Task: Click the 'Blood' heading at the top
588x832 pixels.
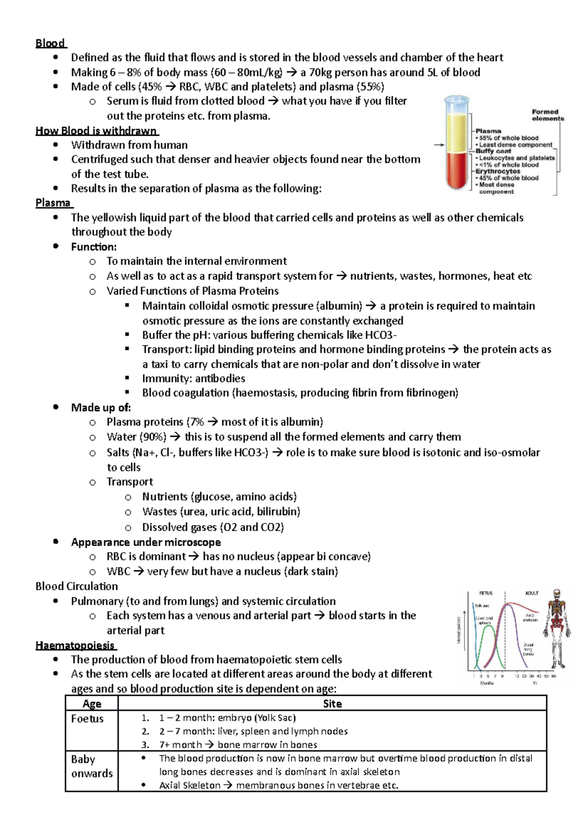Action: (x=50, y=43)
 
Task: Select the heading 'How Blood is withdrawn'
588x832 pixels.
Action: (x=96, y=131)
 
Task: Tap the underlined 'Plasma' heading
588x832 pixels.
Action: (x=53, y=203)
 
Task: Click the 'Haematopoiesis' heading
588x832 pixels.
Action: (x=75, y=645)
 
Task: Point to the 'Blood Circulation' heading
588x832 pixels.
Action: (x=76, y=587)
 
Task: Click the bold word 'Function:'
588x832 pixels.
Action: (x=94, y=247)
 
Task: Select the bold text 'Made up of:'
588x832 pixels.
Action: (x=100, y=408)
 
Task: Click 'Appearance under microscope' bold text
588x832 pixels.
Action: (x=146, y=542)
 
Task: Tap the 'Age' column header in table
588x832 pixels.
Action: (x=92, y=704)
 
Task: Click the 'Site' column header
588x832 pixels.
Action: (x=332, y=704)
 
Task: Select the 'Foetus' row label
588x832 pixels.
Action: (x=87, y=719)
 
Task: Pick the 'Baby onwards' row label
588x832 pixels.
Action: (x=92, y=766)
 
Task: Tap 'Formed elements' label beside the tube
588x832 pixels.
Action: (x=547, y=115)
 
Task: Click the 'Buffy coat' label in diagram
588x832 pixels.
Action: (x=493, y=151)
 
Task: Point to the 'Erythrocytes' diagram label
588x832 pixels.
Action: (x=497, y=171)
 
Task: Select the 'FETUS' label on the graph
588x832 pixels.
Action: (x=486, y=593)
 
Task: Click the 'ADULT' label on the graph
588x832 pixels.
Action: (x=532, y=593)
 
